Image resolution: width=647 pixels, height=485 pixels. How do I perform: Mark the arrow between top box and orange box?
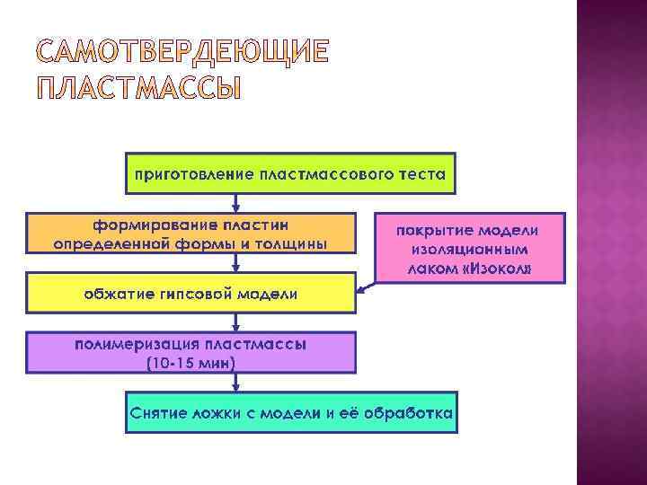235,203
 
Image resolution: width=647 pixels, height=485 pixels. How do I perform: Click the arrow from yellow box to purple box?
235,322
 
